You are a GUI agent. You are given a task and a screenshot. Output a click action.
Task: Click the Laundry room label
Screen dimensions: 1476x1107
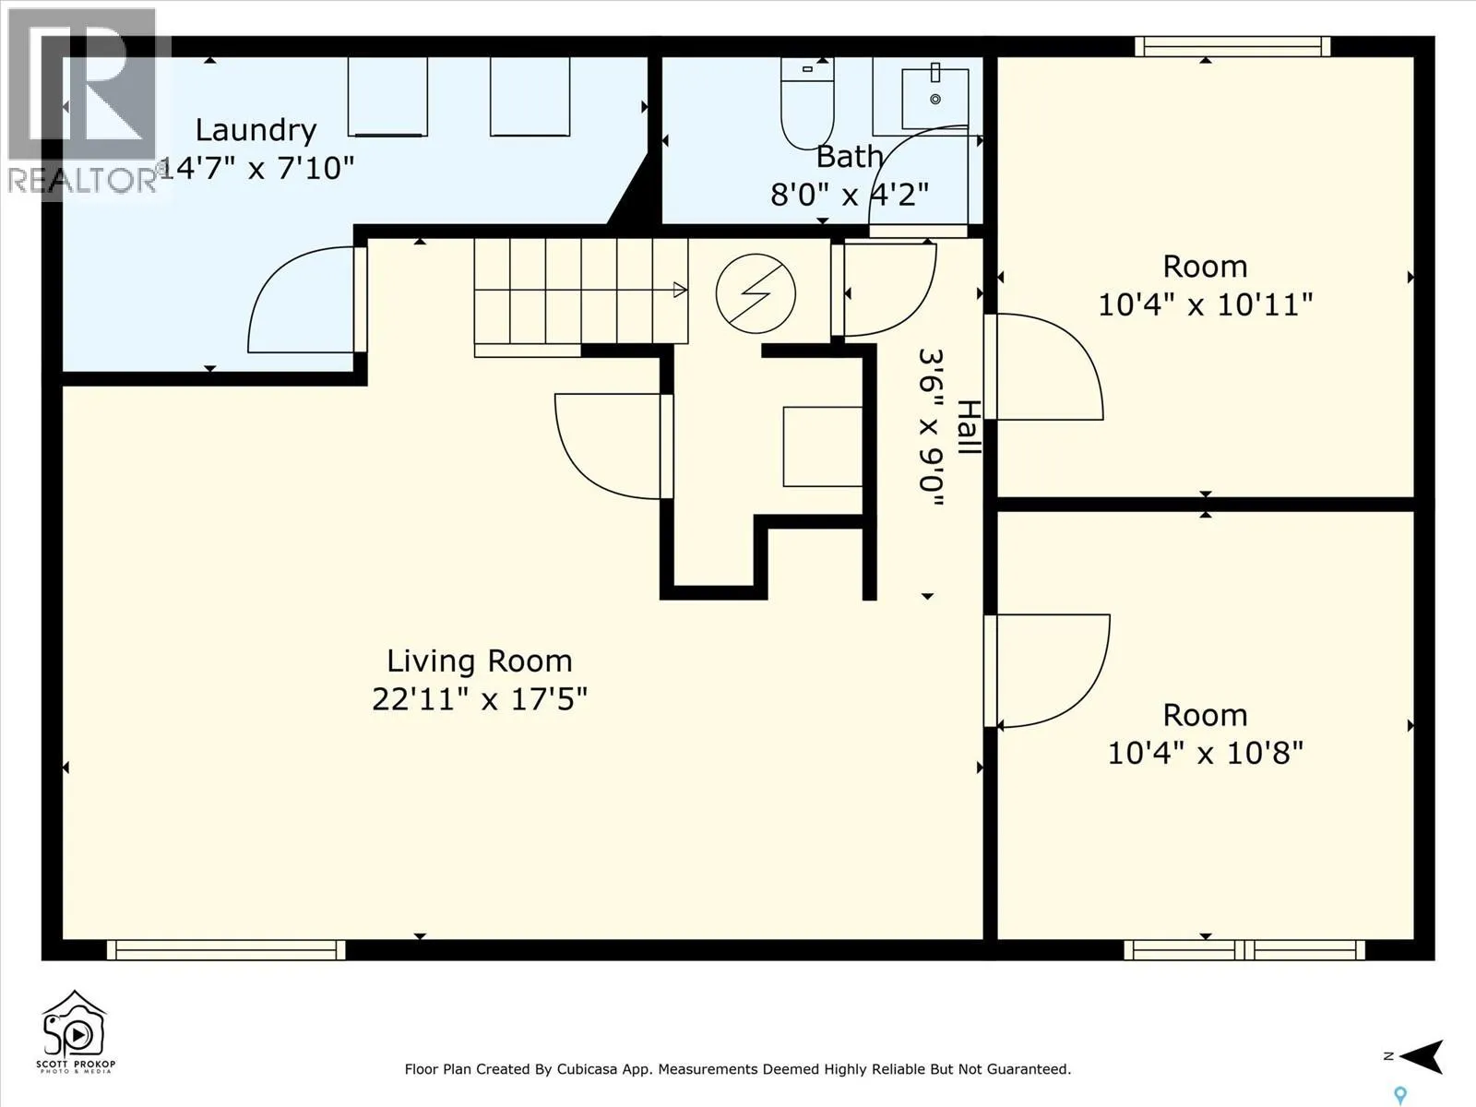click(256, 130)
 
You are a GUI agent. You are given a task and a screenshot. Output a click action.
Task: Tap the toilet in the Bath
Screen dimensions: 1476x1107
click(807, 102)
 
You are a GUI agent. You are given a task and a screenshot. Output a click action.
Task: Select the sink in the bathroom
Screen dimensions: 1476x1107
click(934, 98)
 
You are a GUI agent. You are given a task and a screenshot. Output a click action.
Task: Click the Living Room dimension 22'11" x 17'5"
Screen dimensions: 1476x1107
click(480, 699)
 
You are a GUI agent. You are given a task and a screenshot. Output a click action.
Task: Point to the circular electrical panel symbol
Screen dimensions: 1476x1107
click(756, 293)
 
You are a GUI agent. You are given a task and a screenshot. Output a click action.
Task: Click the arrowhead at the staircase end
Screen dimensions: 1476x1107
click(680, 291)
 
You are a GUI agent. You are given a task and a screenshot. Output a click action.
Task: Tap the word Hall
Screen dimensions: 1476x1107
click(969, 427)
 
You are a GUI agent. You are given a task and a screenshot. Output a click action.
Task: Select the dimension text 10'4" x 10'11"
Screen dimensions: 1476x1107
click(1205, 305)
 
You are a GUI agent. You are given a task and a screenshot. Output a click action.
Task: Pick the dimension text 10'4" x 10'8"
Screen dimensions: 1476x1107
click(1205, 754)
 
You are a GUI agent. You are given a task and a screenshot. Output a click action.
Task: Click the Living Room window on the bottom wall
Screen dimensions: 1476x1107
click(226, 950)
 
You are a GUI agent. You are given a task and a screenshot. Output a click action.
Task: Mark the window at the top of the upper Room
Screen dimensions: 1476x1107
click(1232, 46)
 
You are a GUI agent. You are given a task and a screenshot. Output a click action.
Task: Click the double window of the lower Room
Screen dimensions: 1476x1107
click(1244, 950)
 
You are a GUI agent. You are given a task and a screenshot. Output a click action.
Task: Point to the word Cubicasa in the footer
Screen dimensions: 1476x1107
click(587, 1069)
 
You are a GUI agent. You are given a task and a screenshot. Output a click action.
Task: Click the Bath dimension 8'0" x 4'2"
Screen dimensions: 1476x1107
click(850, 196)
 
